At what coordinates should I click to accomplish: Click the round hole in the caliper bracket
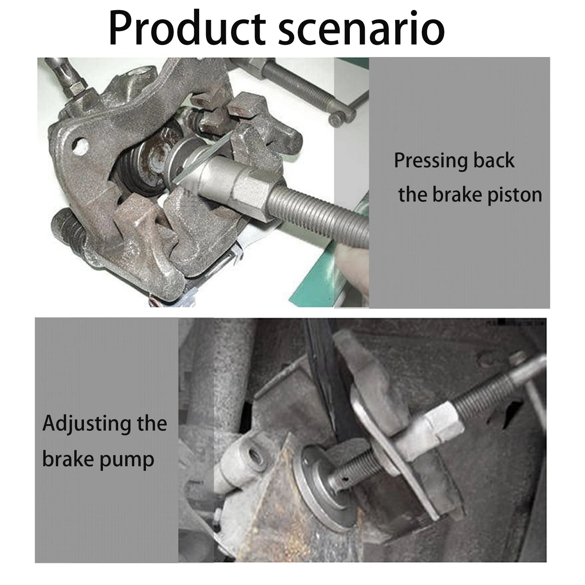(81, 146)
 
